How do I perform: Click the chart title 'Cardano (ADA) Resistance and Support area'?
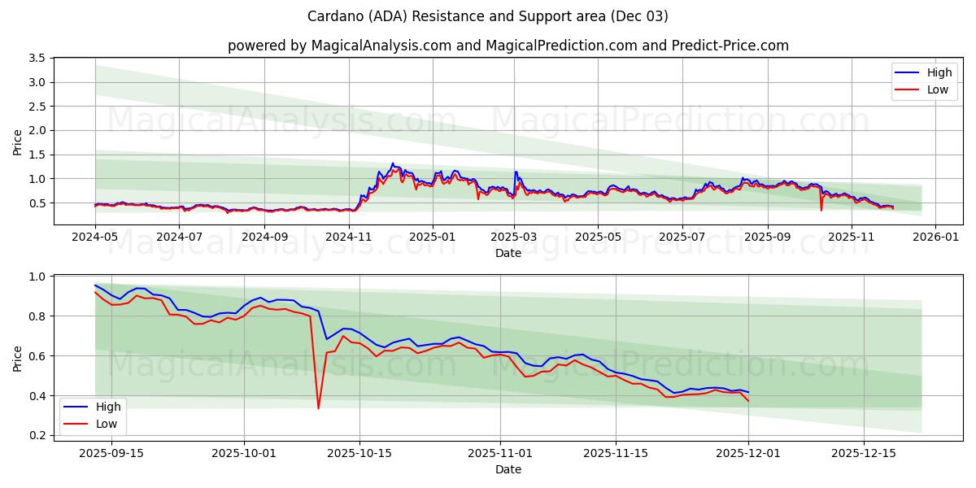pos(488,16)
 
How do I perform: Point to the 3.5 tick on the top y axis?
pos(37,59)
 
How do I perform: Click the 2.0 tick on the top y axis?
pos(37,130)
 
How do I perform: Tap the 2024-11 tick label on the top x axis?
pos(349,237)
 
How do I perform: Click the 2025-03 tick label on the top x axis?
pos(514,237)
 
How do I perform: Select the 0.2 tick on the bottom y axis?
pos(37,436)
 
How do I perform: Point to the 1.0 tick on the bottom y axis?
pos(37,277)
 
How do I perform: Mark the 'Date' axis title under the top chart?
pos(508,253)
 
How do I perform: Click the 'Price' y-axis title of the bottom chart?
pos(18,358)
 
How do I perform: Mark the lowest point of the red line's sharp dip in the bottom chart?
pos(318,408)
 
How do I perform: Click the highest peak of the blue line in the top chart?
pos(392,163)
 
